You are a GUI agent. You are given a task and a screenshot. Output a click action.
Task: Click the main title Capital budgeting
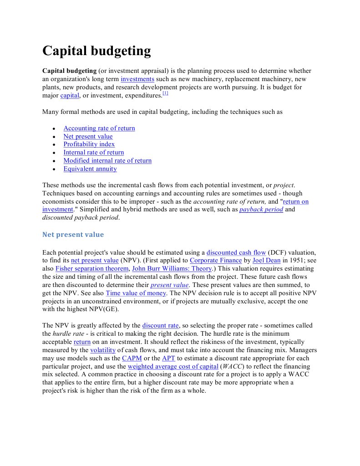(x=96, y=51)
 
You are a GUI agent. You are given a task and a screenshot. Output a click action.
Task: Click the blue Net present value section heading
(x=73, y=235)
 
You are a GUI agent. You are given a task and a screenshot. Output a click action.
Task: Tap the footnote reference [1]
(x=165, y=93)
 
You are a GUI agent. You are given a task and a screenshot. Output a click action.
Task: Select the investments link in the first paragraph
(x=137, y=79)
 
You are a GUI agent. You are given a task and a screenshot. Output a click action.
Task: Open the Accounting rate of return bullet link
(x=99, y=128)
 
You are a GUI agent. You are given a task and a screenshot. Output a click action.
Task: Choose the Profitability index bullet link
(x=89, y=144)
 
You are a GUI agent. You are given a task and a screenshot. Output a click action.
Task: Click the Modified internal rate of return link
(x=107, y=161)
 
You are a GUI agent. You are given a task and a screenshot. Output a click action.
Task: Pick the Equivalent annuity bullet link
(x=90, y=169)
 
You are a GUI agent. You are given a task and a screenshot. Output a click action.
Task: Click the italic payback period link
(x=261, y=210)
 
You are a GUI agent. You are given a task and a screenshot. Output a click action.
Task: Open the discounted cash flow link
(x=236, y=252)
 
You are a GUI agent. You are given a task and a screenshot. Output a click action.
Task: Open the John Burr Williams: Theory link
(x=172, y=269)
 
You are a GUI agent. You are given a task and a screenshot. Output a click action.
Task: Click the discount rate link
(x=161, y=326)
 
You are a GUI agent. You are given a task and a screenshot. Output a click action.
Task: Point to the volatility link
(x=103, y=350)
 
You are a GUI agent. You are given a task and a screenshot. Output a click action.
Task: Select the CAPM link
(x=132, y=358)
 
